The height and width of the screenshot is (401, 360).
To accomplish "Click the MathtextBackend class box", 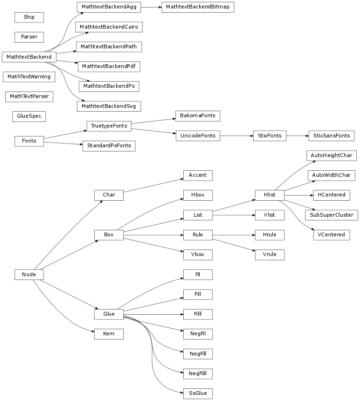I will [29, 57].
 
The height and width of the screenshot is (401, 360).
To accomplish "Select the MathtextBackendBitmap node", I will [197, 8].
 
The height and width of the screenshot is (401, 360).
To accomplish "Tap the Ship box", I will [29, 17].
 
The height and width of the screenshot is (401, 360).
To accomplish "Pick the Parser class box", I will [29, 37].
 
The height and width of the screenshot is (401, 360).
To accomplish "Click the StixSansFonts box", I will [331, 136].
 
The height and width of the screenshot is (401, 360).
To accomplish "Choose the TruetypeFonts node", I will [109, 126].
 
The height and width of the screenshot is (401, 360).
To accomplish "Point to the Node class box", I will [29, 274].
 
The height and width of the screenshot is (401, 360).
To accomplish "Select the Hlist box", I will [269, 195].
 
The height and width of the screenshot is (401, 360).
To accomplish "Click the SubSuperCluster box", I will [331, 215].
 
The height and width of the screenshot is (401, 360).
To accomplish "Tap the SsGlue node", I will [197, 393].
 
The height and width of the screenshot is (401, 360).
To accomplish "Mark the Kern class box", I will [109, 334].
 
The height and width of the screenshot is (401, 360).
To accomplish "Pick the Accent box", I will [197, 175].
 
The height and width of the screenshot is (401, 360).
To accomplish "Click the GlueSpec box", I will [29, 116].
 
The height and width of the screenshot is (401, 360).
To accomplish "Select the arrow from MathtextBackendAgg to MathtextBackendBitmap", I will [151, 8].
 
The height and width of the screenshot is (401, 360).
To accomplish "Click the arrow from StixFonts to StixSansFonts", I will [297, 136].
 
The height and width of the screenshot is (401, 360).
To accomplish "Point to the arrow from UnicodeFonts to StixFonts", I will [236, 136].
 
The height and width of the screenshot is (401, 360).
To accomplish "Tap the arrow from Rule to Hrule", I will [234, 235].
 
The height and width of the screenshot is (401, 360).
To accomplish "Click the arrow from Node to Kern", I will [66, 315].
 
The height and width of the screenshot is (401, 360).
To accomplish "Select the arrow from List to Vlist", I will [234, 215].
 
